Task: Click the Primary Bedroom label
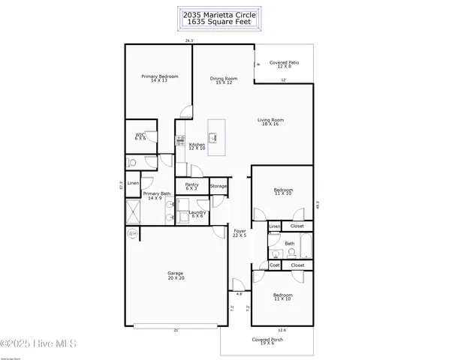[x=158, y=78]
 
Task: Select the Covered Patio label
[x=285, y=64]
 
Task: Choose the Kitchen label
[x=197, y=146]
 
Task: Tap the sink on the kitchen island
[x=213, y=137]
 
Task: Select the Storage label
[x=218, y=186]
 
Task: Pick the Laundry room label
[x=197, y=214]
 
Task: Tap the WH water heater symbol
[x=133, y=234]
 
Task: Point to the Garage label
[x=176, y=274]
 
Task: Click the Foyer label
[x=240, y=232]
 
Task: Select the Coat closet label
[x=275, y=265]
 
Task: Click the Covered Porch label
[x=267, y=341]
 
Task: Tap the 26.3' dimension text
[x=191, y=40]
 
